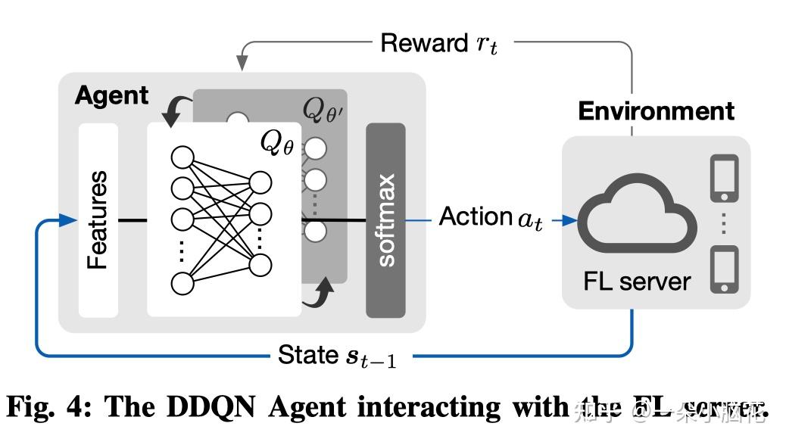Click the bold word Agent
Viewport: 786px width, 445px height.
coord(111,96)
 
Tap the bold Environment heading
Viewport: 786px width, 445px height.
coord(656,111)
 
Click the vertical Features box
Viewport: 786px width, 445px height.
coord(98,219)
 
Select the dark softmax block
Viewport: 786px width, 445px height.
coord(385,220)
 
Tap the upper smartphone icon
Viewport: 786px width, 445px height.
coord(724,179)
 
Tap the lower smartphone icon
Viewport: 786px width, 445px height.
coord(724,269)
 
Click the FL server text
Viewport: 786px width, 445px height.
coord(637,282)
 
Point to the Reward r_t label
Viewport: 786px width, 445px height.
coord(438,44)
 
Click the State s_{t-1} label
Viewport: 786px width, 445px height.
coord(336,355)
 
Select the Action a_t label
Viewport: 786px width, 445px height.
coord(491,218)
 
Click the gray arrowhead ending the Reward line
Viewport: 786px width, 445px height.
coord(243,61)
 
